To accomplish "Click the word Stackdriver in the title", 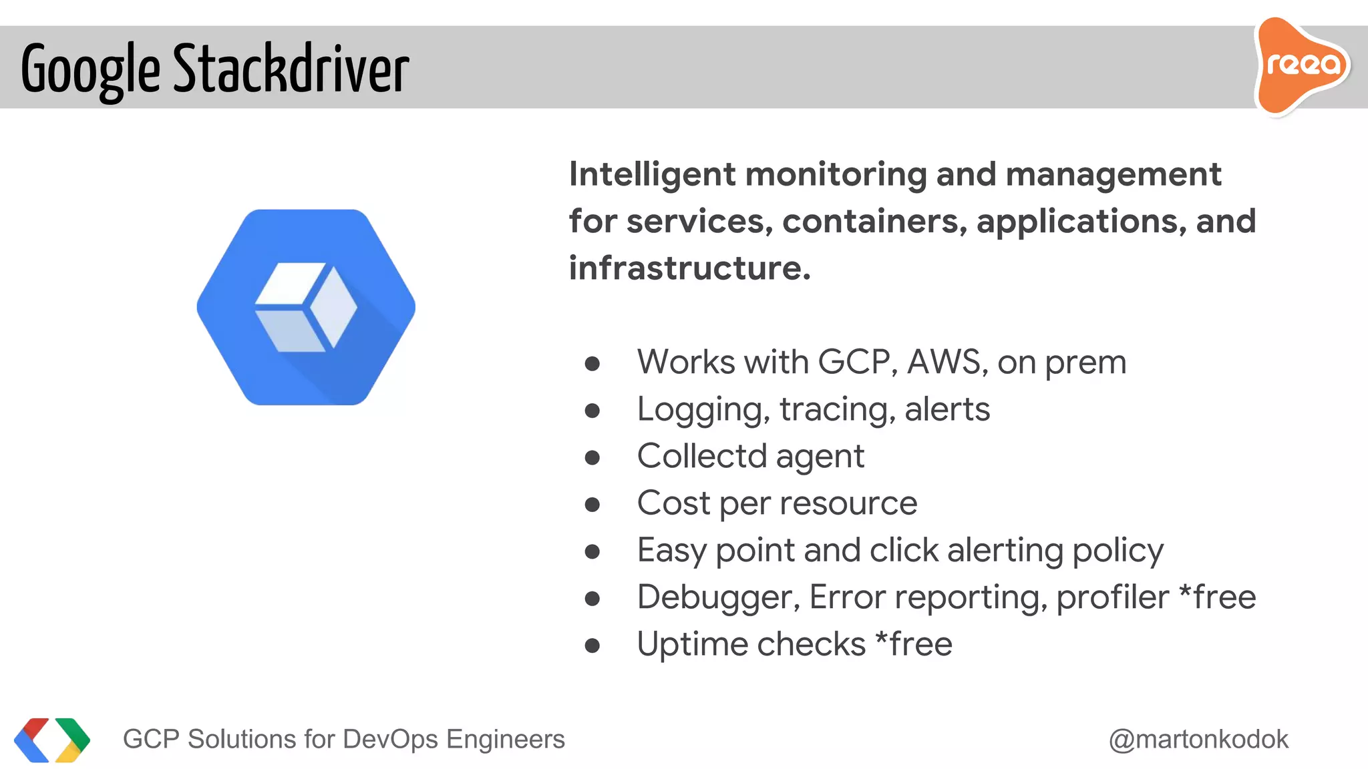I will pyautogui.click(x=291, y=68).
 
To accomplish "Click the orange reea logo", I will pyautogui.click(x=1301, y=65).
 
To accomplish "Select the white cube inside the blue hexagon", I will pyautogui.click(x=306, y=307).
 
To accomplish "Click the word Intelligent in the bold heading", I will pyautogui.click(x=652, y=175).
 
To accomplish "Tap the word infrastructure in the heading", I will pyautogui.click(x=689, y=268).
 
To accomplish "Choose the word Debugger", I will pyautogui.click(x=718, y=598).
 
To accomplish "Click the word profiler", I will pyautogui.click(x=1112, y=597).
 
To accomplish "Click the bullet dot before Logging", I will pyautogui.click(x=592, y=411).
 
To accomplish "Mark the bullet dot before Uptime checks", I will pyautogui.click(x=592, y=646).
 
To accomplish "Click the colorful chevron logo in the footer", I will pyautogui.click(x=52, y=740).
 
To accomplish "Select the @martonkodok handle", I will pyautogui.click(x=1198, y=740).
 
